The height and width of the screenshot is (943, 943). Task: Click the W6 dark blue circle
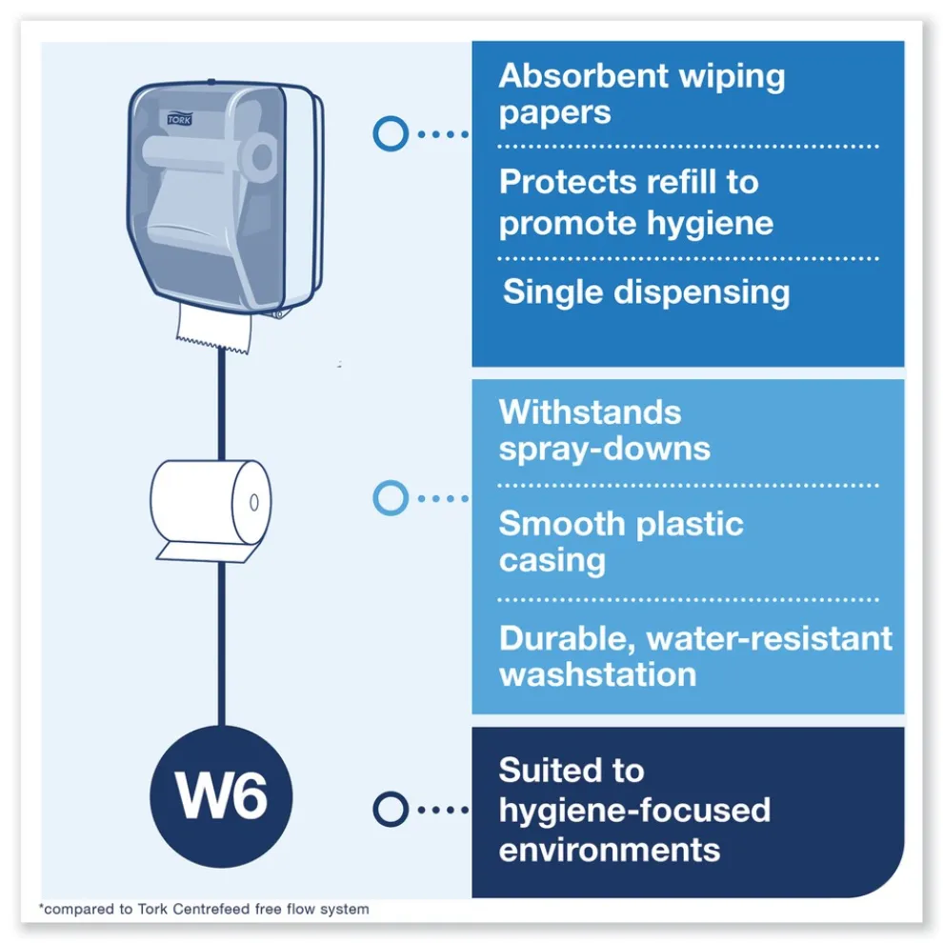tap(221, 795)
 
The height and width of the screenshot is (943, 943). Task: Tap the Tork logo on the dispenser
tap(179, 118)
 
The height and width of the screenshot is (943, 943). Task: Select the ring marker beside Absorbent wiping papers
tap(390, 133)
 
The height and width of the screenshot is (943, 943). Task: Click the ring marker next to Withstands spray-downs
tap(390, 497)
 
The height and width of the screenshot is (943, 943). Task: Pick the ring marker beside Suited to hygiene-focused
tap(390, 810)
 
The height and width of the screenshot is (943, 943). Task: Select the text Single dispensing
tap(646, 292)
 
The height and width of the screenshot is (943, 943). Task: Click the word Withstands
tap(590, 412)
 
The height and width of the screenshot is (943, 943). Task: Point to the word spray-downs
tap(604, 449)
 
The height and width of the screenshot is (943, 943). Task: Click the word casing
tap(552, 560)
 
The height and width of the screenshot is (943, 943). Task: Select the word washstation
tap(597, 674)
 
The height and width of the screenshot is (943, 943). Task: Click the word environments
tap(609, 849)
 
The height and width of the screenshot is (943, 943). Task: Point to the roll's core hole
tap(253, 501)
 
